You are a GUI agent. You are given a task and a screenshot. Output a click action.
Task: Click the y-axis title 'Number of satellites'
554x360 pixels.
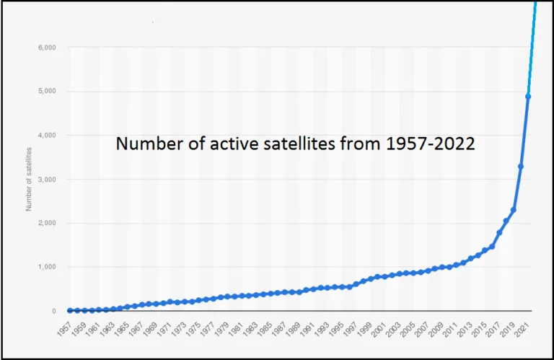coord(29,179)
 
